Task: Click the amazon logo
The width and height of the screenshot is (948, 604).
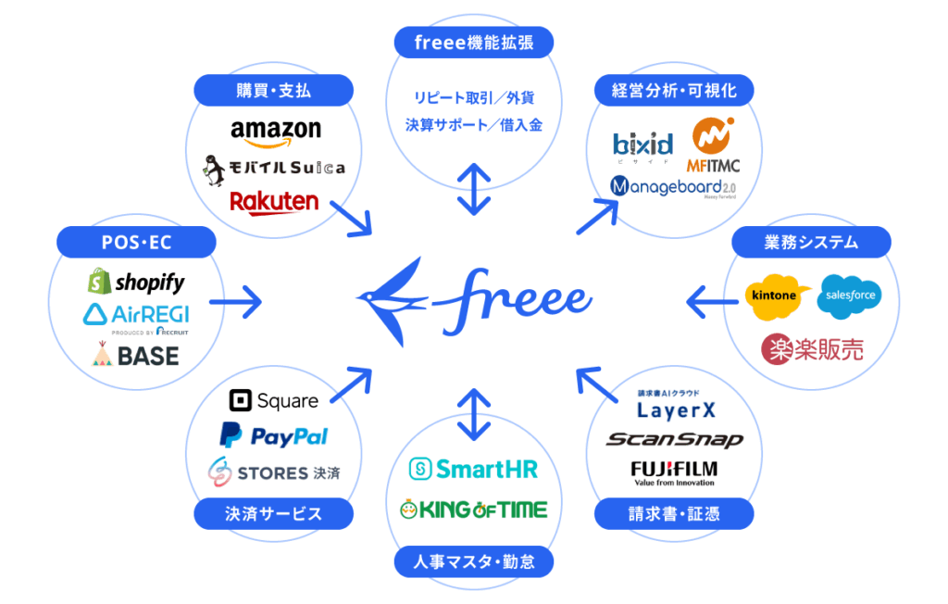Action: (x=275, y=132)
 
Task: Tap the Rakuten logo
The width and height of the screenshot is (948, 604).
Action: (x=274, y=200)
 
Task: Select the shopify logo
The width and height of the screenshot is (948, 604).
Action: (x=136, y=282)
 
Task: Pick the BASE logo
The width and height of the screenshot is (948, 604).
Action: (x=136, y=354)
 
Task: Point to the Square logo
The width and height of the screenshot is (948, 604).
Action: (x=274, y=401)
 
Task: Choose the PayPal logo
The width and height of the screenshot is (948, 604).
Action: (x=274, y=435)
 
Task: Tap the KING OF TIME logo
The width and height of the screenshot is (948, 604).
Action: (x=473, y=509)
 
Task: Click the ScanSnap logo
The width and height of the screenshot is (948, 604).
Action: (x=674, y=439)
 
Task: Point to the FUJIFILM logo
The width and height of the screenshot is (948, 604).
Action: (x=674, y=470)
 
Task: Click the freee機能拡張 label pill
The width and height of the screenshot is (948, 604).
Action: (x=473, y=42)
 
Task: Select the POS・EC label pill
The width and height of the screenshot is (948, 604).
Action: (x=136, y=243)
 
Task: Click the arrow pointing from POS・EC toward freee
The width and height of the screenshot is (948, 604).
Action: (x=235, y=300)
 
